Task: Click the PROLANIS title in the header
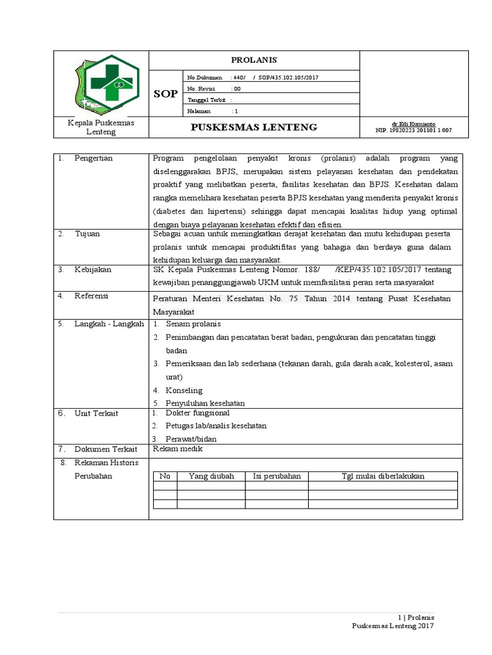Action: (254, 60)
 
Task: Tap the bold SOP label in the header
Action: (165, 95)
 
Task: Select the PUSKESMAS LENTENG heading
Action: (254, 127)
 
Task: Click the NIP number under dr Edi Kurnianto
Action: (413, 130)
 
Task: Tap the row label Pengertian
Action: (94, 158)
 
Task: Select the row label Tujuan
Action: (87, 234)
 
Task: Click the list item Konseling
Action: (184, 390)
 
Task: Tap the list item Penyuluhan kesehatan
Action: (205, 403)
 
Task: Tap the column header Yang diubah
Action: (211, 476)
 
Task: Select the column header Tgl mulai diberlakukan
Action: (383, 476)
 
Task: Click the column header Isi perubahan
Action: (277, 476)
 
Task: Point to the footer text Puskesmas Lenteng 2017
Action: (393, 626)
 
